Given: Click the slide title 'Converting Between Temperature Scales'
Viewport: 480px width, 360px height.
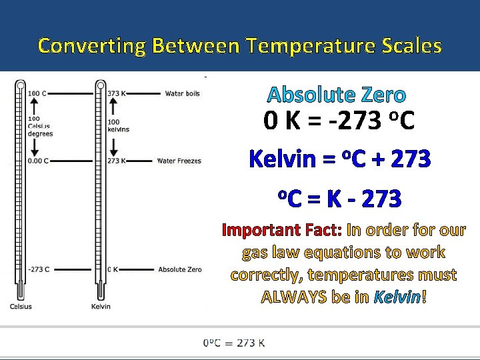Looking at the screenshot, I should pos(240,45).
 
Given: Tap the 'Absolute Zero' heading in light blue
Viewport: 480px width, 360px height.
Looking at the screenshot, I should pos(337,95).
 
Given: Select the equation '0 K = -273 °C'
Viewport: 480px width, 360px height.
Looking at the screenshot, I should pos(339,121).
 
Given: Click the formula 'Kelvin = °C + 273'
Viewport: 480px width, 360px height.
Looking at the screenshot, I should pos(339,159).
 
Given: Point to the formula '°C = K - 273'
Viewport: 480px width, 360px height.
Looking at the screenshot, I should pos(339,198).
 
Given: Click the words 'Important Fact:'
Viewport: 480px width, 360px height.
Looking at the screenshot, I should pos(282,230).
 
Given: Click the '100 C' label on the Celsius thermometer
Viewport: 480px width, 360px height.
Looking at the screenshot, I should pos(37,94).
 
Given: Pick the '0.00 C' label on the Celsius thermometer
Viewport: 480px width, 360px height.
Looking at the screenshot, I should pos(39,161).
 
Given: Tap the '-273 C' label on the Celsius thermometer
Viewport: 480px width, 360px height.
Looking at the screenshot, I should pos(39,269).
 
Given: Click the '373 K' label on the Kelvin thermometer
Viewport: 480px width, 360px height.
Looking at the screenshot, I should pos(116,94).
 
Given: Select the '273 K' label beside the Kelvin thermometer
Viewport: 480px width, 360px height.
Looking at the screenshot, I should pos(116,161).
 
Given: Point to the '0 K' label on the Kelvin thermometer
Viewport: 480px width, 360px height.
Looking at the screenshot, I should pos(113,269).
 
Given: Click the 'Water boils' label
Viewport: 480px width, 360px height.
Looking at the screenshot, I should pos(182,94).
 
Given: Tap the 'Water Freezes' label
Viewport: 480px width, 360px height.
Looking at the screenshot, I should pos(179,161).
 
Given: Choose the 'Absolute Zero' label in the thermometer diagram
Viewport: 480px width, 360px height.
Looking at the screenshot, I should pos(179,269).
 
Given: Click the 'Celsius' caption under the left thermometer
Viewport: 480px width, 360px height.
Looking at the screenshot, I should pos(20,307).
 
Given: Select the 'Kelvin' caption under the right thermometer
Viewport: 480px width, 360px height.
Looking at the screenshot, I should pos(101,307).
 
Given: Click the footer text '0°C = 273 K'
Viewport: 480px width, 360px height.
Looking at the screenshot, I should pos(234,343).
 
